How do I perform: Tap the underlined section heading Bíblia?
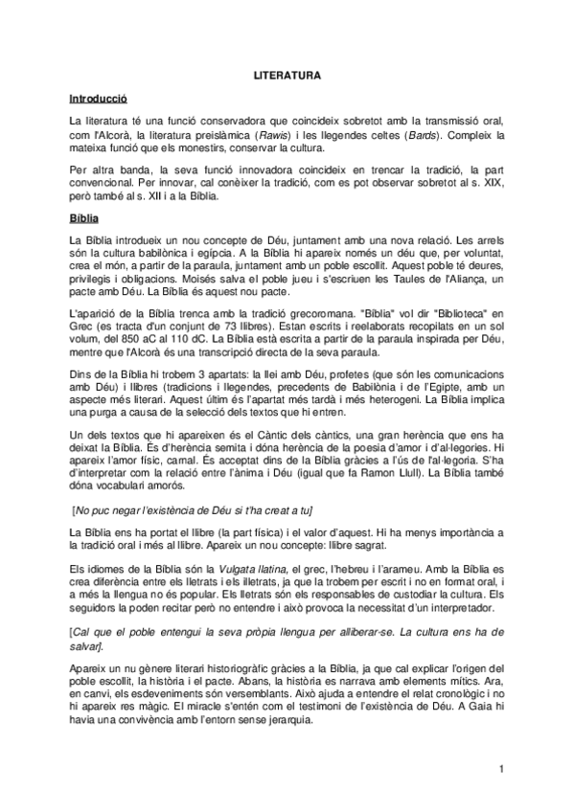point(85,219)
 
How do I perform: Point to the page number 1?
point(501,769)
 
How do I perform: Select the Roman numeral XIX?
point(491,183)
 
